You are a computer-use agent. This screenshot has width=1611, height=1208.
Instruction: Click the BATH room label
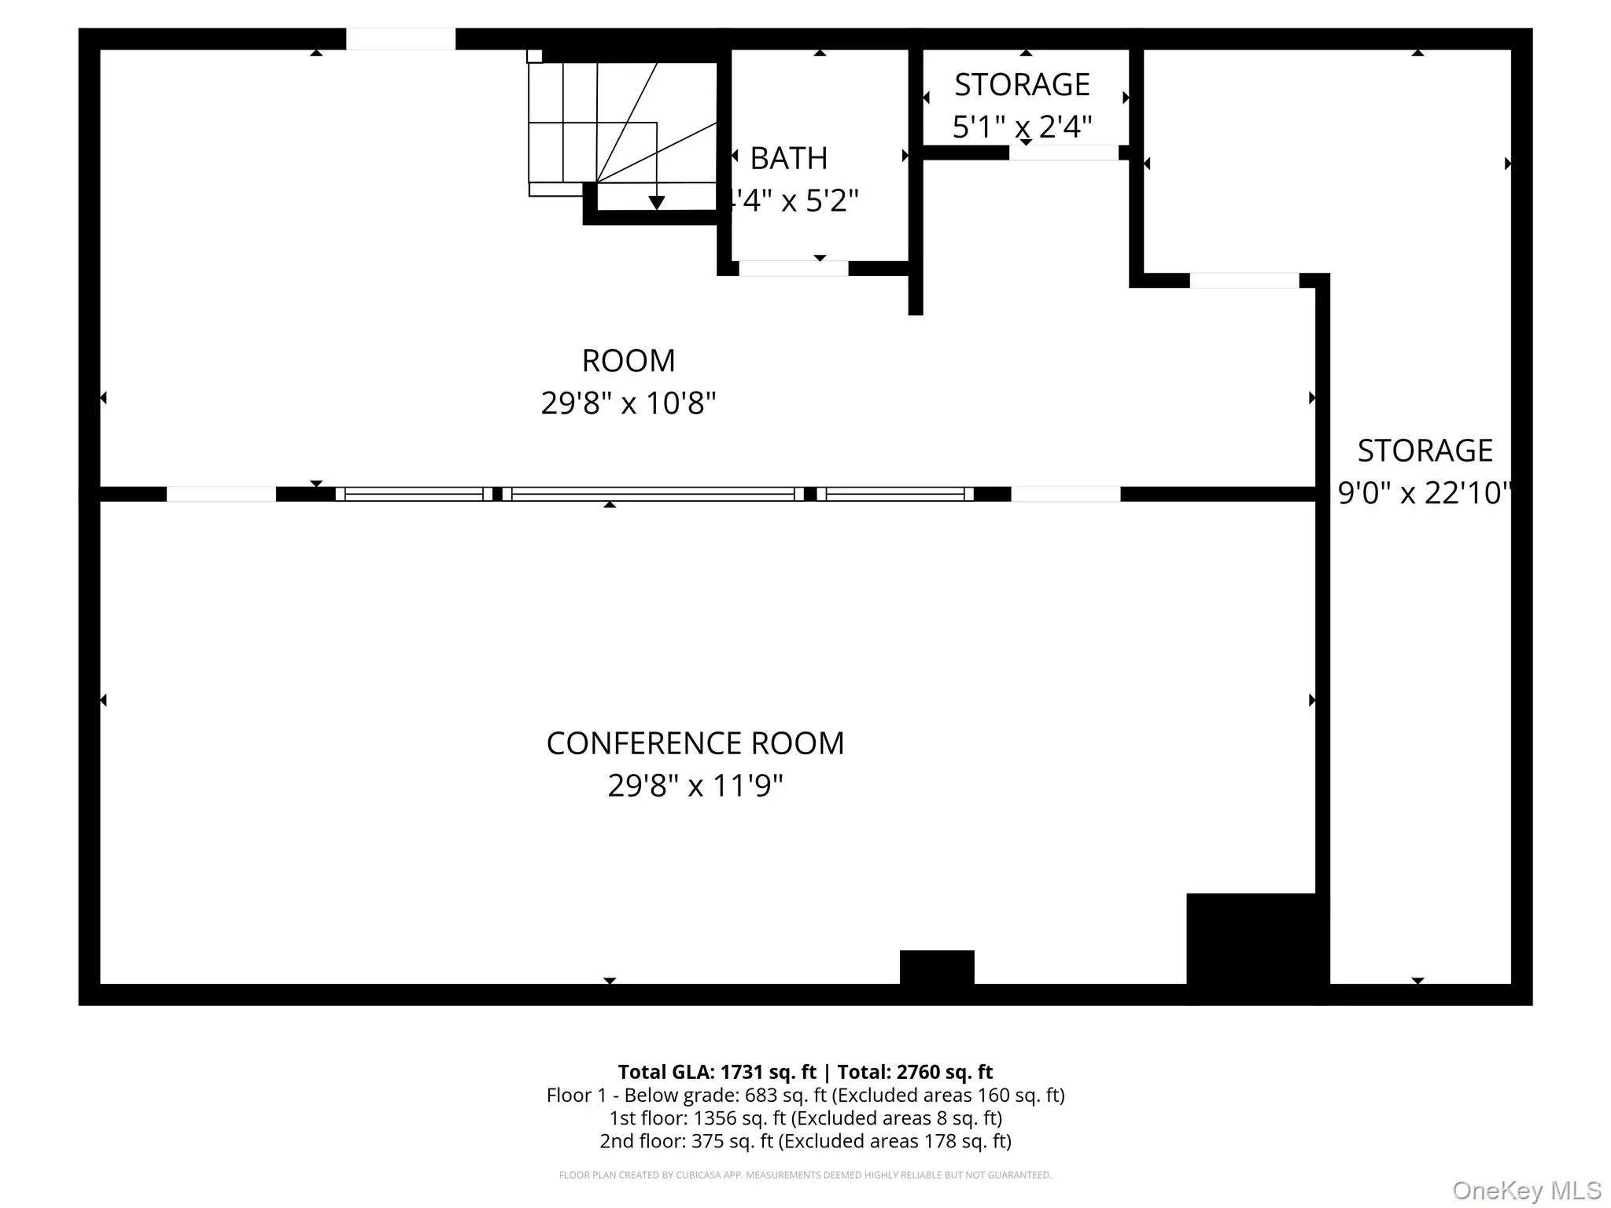pos(788,159)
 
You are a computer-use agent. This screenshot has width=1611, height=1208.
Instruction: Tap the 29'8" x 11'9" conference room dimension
pos(695,786)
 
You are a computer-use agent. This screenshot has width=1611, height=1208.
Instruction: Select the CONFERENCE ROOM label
pos(695,743)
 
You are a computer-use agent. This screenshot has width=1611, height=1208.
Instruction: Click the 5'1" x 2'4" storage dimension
pos(1022,127)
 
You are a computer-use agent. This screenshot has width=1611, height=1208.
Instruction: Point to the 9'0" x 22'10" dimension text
pos(1424,493)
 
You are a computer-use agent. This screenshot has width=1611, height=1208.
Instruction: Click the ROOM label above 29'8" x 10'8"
pos(629,361)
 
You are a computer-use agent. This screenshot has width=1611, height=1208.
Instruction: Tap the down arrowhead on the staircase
pos(656,203)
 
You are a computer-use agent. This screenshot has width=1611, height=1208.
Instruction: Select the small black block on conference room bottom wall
pos(937,967)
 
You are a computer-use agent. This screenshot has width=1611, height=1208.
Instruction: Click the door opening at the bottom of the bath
pos(793,269)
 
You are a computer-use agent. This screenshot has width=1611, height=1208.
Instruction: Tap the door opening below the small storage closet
pos(1064,153)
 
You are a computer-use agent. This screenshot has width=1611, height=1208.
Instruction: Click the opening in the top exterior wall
pos(400,39)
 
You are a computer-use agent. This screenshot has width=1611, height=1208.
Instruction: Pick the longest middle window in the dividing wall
pos(653,494)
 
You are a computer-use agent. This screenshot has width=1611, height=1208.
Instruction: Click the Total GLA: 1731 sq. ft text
pos(717,1072)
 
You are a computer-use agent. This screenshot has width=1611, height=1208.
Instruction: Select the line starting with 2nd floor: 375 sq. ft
pos(805,1141)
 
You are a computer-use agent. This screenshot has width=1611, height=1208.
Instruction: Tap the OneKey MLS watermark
pos(1526,1191)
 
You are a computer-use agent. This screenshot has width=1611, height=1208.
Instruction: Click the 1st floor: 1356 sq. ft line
pos(805,1118)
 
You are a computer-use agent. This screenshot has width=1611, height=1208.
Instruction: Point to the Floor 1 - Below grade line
pos(805,1095)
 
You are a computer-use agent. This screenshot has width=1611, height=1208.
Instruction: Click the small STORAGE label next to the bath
pos(1022,85)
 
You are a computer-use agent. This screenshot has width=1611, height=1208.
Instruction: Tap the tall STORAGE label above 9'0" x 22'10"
pos(1425,451)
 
